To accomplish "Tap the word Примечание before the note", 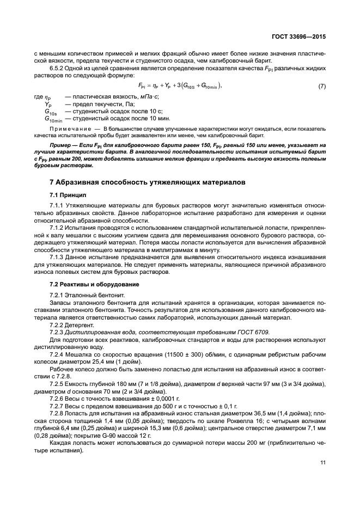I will (69, 128).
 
